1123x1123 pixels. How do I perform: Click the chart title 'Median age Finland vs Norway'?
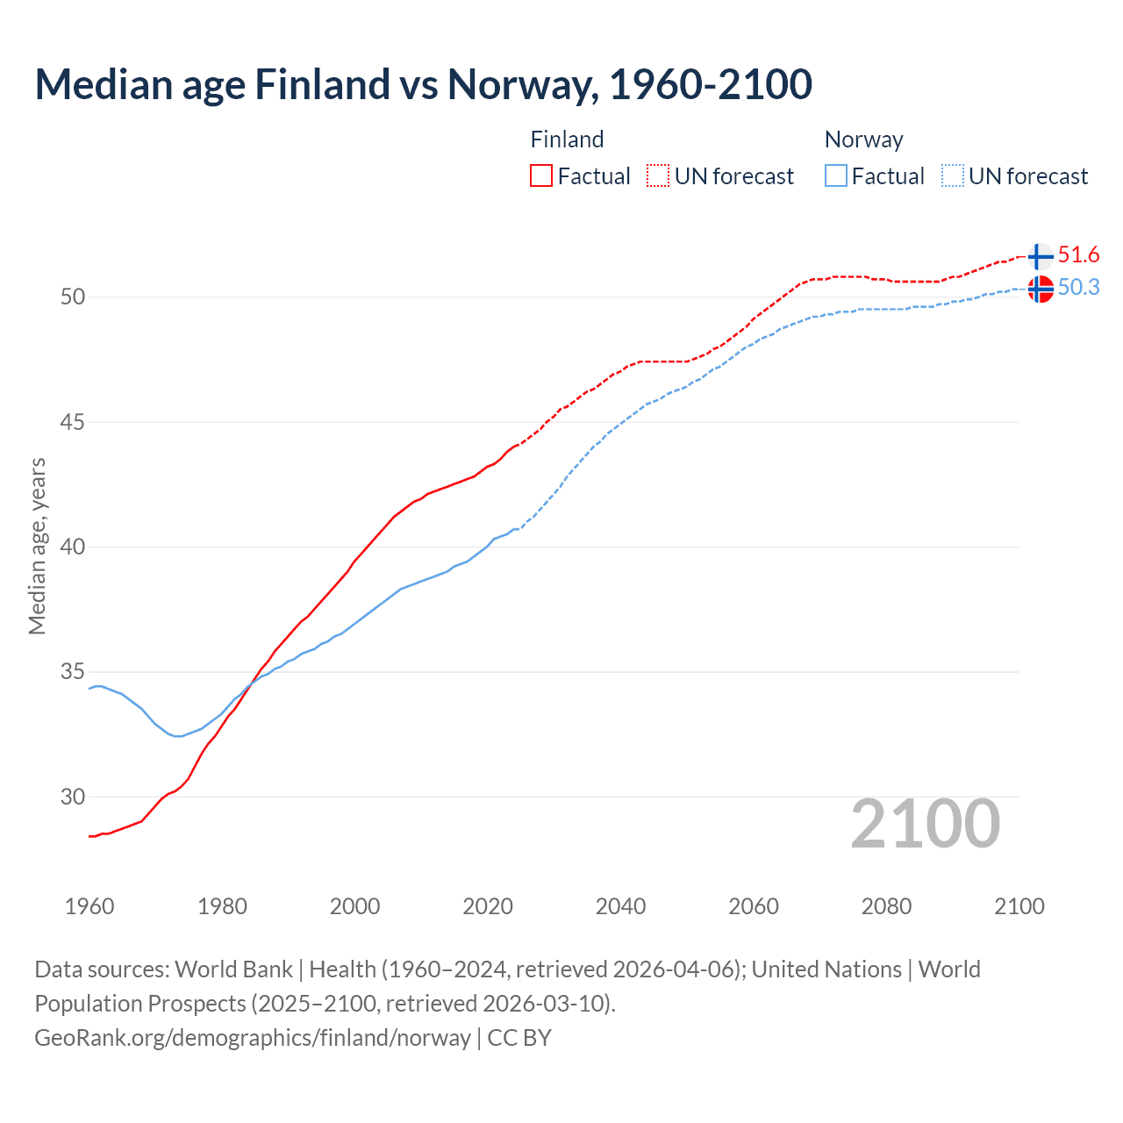point(423,84)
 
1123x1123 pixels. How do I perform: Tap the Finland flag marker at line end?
point(1040,256)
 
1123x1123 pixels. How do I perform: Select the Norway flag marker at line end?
point(1040,289)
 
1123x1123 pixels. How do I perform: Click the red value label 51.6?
point(1078,255)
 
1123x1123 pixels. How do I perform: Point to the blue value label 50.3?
point(1078,288)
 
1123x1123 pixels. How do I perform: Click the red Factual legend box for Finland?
point(541,176)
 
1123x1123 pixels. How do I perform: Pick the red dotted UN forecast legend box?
point(658,176)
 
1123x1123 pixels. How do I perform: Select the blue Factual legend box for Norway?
point(836,176)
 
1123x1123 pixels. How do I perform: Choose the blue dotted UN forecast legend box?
point(953,176)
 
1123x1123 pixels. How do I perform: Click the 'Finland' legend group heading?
point(567,139)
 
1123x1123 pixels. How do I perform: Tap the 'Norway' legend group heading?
point(863,139)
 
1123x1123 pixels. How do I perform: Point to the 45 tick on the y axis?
point(72,423)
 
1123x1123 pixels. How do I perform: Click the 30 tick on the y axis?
point(72,798)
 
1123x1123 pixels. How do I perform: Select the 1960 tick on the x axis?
point(89,906)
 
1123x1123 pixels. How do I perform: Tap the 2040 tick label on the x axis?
point(620,906)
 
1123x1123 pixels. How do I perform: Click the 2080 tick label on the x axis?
point(886,906)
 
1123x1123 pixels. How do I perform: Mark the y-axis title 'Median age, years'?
point(37,546)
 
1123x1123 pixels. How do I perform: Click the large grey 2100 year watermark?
point(925,824)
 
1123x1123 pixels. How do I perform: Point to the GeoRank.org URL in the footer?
point(253,1038)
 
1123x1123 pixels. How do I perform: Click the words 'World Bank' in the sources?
point(233,969)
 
